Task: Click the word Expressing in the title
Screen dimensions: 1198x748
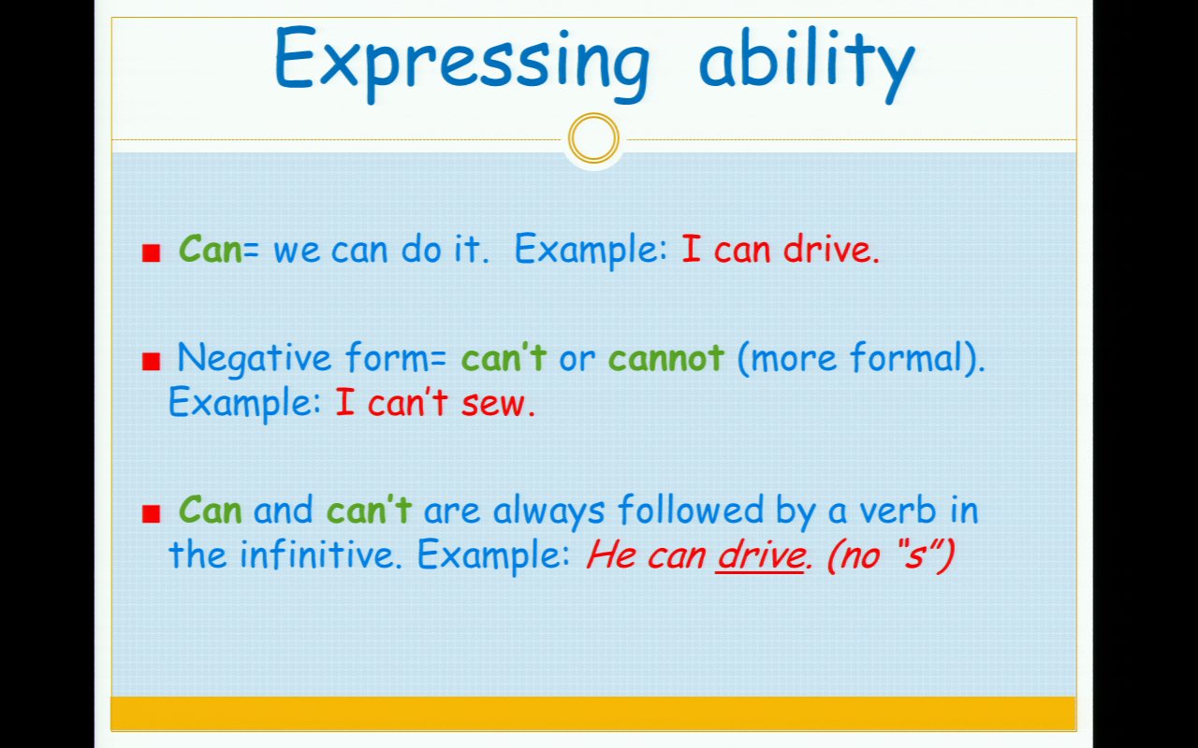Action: pos(462,63)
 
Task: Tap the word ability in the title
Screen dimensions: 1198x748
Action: pos(807,63)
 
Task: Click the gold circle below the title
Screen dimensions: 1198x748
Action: pos(593,137)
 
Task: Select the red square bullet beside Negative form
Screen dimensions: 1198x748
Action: pos(152,361)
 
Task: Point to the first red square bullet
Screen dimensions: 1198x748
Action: pos(152,252)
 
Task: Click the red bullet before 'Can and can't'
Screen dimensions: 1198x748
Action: pos(152,513)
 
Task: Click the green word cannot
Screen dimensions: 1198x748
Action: pos(665,358)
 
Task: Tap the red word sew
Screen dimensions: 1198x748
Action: pos(493,403)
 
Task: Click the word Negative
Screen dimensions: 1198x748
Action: pos(254,359)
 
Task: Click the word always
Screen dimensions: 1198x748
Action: pos(549,511)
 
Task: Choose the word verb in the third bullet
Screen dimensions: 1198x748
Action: pos(898,510)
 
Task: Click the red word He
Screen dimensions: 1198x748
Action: pos(612,554)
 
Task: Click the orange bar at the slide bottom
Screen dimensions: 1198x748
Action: pos(593,712)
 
